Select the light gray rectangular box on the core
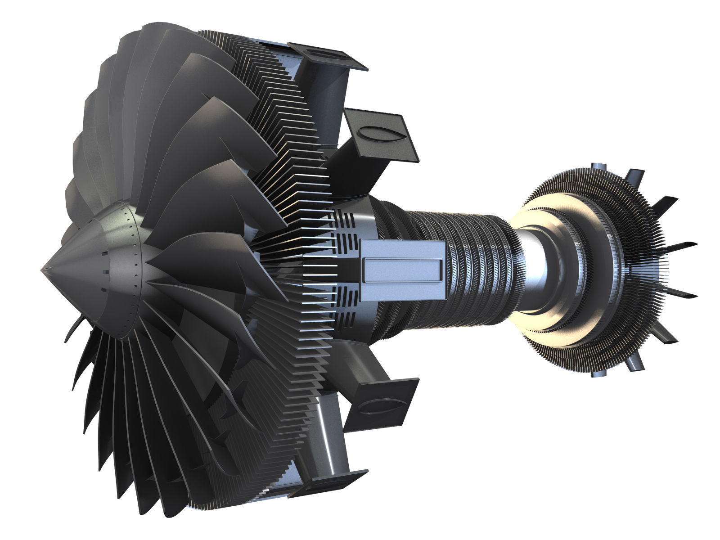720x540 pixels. point(403,266)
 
